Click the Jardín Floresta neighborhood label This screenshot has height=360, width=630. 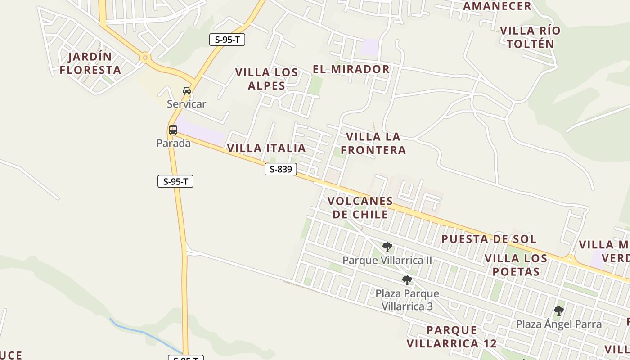(x=90, y=63)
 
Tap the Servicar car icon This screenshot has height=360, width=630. (x=187, y=91)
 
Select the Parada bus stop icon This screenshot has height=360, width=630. (x=173, y=130)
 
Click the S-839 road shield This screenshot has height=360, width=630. (x=281, y=169)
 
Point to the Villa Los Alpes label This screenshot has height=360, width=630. (x=266, y=79)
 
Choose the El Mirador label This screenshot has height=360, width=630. (x=351, y=69)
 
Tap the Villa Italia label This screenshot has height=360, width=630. (x=266, y=148)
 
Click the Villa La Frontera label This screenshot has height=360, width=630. (x=373, y=143)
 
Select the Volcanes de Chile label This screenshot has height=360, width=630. (x=360, y=207)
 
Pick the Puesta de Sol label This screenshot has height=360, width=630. (x=489, y=239)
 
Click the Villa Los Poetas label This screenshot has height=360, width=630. (x=516, y=265)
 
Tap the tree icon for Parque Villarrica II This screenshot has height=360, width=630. (x=387, y=247)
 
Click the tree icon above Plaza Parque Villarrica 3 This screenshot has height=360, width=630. (x=407, y=280)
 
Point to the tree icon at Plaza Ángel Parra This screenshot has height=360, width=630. (x=558, y=310)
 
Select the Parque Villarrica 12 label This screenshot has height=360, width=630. (x=452, y=337)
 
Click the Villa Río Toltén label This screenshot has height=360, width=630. (x=531, y=37)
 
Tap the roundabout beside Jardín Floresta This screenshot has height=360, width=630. (x=145, y=58)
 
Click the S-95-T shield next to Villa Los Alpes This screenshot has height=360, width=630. (x=227, y=40)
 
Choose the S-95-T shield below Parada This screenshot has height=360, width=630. (x=175, y=182)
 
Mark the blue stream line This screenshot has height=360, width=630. (x=144, y=333)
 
